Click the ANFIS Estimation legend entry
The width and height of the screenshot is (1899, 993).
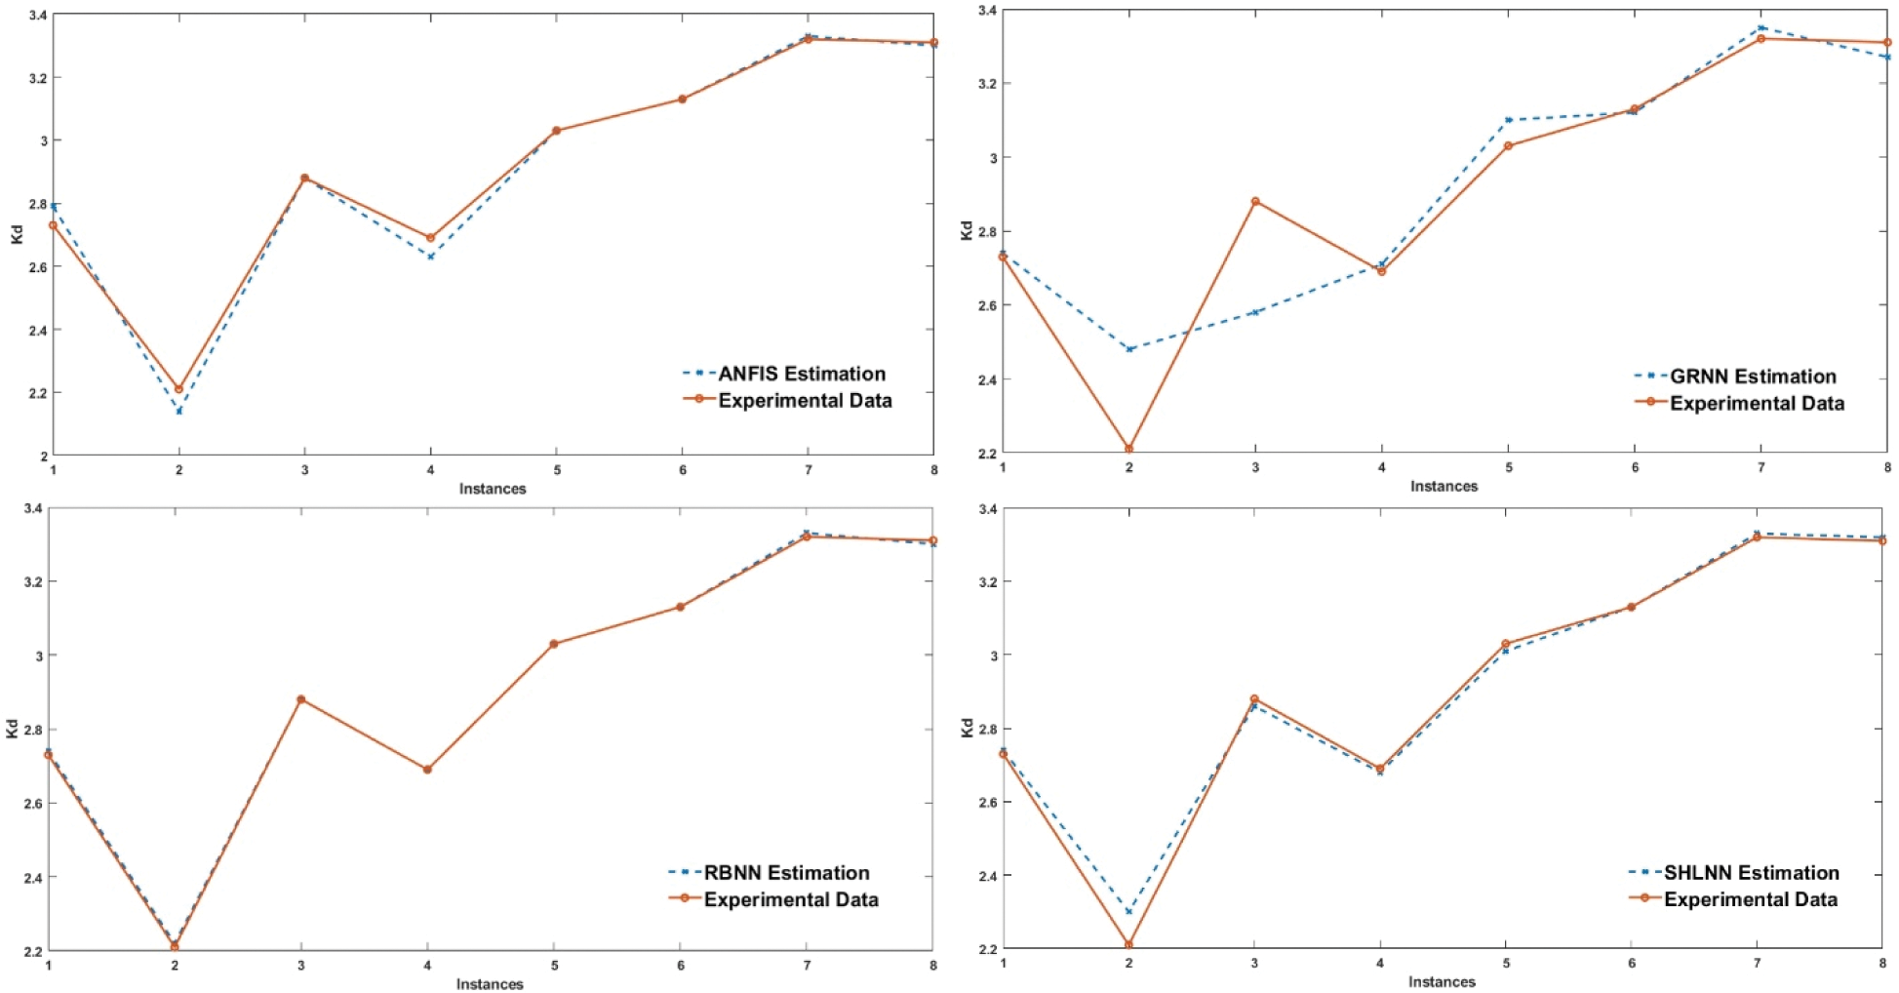802,374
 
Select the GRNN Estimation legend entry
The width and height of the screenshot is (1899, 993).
1753,377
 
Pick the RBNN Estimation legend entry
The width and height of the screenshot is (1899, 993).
786,873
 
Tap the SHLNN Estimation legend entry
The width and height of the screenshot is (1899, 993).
1751,873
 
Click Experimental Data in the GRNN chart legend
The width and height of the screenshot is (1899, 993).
1757,403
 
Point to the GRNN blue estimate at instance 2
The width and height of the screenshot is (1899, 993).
1129,349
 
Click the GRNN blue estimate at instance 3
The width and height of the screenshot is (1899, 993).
1255,312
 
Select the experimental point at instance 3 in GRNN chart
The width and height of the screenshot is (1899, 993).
1255,201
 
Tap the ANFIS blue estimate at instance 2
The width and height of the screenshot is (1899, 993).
178,411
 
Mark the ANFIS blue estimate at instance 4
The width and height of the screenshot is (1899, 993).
430,257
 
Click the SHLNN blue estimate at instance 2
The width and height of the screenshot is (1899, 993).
1128,912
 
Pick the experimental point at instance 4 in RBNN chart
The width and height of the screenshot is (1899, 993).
427,770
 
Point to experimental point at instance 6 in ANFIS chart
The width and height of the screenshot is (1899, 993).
682,99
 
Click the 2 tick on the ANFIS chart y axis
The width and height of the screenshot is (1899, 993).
43,456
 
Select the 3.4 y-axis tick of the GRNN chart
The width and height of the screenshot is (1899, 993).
986,11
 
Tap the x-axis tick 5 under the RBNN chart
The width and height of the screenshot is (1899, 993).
554,966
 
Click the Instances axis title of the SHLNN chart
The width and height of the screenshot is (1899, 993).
1442,982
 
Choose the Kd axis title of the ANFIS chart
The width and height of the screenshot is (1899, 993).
17,234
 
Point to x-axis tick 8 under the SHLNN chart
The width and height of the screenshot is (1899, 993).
1882,963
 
